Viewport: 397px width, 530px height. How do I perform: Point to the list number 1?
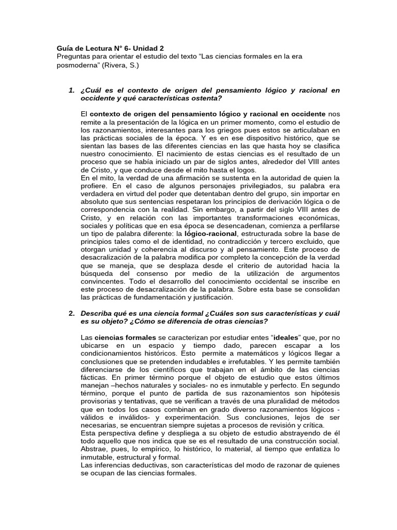pyautogui.click(x=71, y=91)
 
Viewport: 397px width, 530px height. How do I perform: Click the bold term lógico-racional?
pyautogui.click(x=204, y=233)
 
